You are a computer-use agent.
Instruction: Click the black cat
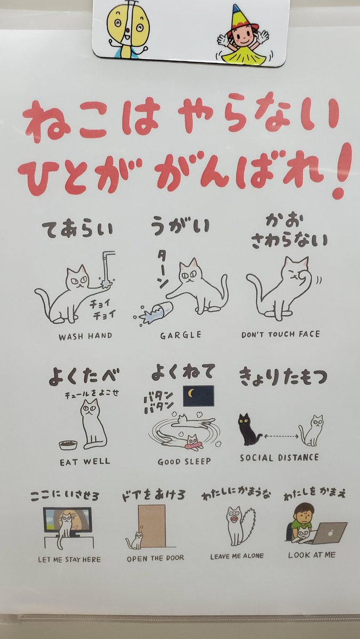(x=247, y=430)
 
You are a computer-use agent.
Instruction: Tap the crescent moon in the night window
(x=190, y=393)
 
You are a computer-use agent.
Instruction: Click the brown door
(x=151, y=526)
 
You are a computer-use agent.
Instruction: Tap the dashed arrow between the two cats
(x=281, y=436)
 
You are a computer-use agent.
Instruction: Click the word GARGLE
(x=181, y=334)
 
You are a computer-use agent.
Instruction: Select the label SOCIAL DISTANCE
(x=279, y=458)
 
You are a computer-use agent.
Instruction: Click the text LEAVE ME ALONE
(x=237, y=556)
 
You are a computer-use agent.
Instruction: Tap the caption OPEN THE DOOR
(x=155, y=558)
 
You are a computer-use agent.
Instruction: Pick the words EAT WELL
(x=85, y=462)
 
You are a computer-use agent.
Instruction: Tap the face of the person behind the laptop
(x=305, y=515)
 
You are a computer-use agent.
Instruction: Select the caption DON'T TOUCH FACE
(x=281, y=334)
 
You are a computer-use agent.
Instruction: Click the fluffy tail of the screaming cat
(x=249, y=521)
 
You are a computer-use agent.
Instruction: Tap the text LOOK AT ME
(x=311, y=555)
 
